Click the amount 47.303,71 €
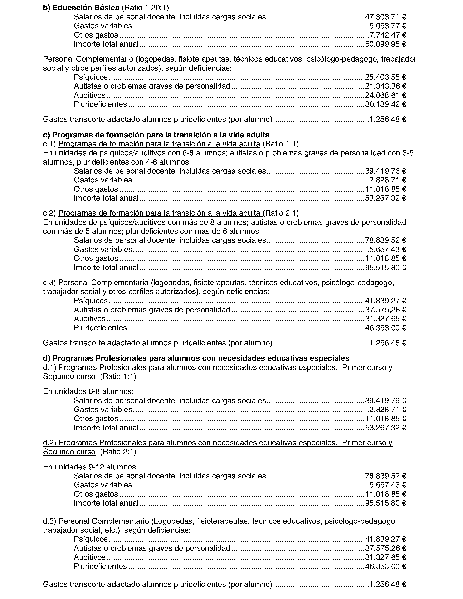(385, 17)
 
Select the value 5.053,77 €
(388, 26)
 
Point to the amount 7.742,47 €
(388, 35)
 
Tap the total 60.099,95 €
(385, 44)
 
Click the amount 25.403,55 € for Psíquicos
(385, 77)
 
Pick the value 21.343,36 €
(385, 86)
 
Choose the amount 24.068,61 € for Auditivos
(385, 96)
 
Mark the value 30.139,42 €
(385, 104)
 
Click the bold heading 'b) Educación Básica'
(81, 8)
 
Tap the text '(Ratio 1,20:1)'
(145, 8)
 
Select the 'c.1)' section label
(49, 144)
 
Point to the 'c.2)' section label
(49, 213)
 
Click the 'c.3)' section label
(49, 282)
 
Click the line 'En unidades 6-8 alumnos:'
(88, 391)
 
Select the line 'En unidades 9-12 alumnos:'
(91, 467)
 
